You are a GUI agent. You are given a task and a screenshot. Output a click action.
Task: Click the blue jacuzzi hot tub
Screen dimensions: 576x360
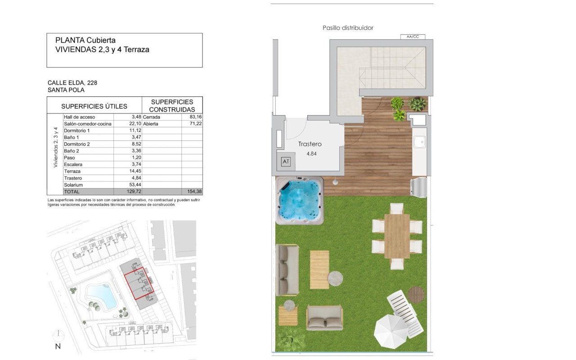(299, 201)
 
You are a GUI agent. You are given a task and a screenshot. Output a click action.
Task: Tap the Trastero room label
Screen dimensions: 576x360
(310, 144)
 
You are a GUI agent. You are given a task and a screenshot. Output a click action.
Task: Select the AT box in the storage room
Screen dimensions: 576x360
(286, 162)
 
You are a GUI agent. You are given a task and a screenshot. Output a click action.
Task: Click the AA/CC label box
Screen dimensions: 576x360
(413, 37)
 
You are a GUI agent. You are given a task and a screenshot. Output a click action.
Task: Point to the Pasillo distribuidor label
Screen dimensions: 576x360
(348, 28)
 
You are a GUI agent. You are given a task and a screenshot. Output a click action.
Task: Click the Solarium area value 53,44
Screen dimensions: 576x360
(135, 184)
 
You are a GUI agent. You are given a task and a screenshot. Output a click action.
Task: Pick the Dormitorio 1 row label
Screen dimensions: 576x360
(76, 130)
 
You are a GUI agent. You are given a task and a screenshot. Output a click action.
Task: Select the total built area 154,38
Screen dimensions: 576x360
(195, 192)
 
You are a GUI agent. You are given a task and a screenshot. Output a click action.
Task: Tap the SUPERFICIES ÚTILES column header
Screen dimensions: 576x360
(94, 106)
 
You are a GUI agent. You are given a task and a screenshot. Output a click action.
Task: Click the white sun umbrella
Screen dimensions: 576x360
(391, 332)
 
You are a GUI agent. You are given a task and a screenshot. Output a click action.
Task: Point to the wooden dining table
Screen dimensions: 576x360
(397, 236)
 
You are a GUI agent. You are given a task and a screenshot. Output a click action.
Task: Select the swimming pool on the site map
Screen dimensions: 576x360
(102, 297)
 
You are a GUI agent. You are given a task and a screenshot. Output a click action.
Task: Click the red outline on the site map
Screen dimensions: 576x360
(139, 283)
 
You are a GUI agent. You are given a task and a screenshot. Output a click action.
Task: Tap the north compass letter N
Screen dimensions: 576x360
(58, 346)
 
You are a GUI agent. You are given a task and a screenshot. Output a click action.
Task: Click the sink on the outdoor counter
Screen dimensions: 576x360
(419, 142)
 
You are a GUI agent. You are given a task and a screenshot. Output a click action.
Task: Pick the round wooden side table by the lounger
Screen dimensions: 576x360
(416, 295)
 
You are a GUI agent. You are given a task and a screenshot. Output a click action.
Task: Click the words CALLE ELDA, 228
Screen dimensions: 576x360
(72, 83)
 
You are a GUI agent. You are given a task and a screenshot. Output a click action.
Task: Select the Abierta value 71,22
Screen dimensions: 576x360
(195, 124)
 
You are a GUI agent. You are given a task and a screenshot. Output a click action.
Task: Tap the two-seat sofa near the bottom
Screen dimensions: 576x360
(324, 318)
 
